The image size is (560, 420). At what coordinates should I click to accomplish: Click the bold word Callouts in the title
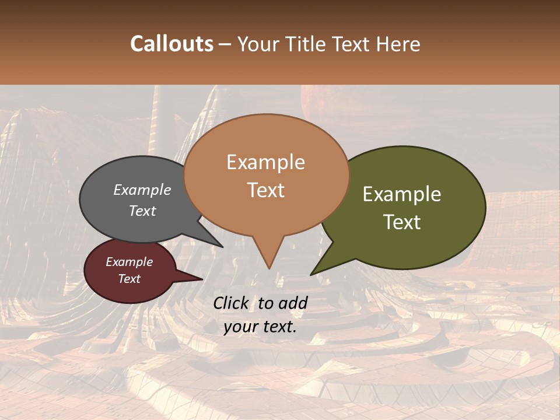click(x=171, y=44)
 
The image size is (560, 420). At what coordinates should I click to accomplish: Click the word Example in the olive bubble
click(x=402, y=194)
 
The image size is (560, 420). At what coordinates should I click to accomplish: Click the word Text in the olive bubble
click(x=402, y=222)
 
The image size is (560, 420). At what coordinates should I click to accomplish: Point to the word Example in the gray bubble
click(x=142, y=190)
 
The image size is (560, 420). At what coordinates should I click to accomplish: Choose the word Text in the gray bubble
click(x=142, y=211)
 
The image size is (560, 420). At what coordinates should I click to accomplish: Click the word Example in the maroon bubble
click(x=129, y=262)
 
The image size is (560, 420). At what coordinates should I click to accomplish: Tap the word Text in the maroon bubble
click(x=129, y=279)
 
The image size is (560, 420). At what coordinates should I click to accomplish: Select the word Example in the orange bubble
click(x=266, y=162)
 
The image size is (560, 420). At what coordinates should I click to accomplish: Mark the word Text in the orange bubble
click(x=266, y=190)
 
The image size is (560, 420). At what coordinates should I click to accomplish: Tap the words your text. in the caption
click(x=260, y=327)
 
